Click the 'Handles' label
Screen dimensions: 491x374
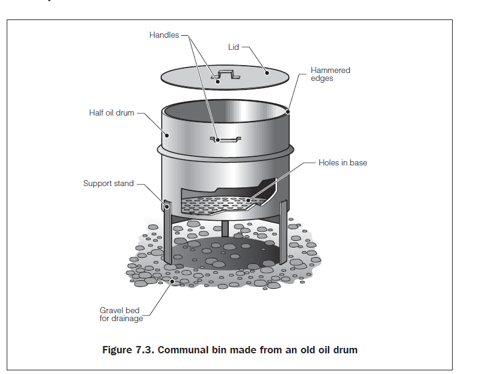164,35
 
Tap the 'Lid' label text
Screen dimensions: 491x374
234,47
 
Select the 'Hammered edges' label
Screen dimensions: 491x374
330,74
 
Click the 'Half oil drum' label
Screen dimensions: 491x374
111,113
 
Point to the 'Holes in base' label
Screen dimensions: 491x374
343,163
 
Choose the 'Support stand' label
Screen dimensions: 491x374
108,184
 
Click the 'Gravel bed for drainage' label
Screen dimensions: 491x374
121,314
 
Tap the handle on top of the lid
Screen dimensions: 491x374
226,75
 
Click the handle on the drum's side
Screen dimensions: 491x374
226,139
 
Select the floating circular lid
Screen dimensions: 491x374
225,77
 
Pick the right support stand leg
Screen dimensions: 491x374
283,232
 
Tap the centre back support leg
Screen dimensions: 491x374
225,229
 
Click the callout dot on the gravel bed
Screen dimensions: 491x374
172,282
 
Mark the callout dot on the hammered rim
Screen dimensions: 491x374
288,112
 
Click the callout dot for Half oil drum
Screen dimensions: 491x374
167,136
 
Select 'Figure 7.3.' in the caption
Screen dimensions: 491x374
128,350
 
